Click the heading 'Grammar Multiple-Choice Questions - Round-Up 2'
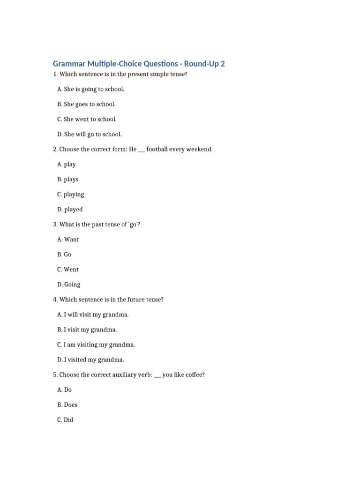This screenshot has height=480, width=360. [x=139, y=64]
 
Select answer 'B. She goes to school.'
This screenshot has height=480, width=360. [x=86, y=104]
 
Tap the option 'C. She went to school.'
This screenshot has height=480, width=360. [x=87, y=119]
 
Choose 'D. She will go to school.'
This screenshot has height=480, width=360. [x=89, y=134]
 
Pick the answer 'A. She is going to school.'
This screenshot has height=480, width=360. [x=90, y=89]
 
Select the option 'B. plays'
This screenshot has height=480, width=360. [x=67, y=180]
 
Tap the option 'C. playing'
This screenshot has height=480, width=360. [x=70, y=195]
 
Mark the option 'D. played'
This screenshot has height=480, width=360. [x=70, y=210]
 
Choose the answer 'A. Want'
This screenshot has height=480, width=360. [x=68, y=240]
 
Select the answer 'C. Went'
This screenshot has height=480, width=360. [x=68, y=270]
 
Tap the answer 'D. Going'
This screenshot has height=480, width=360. [x=69, y=285]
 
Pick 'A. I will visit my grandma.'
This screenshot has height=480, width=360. [x=93, y=315]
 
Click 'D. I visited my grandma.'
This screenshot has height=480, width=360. [x=90, y=360]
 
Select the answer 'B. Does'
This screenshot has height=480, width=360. [x=67, y=405]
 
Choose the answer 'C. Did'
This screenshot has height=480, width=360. [x=65, y=420]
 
